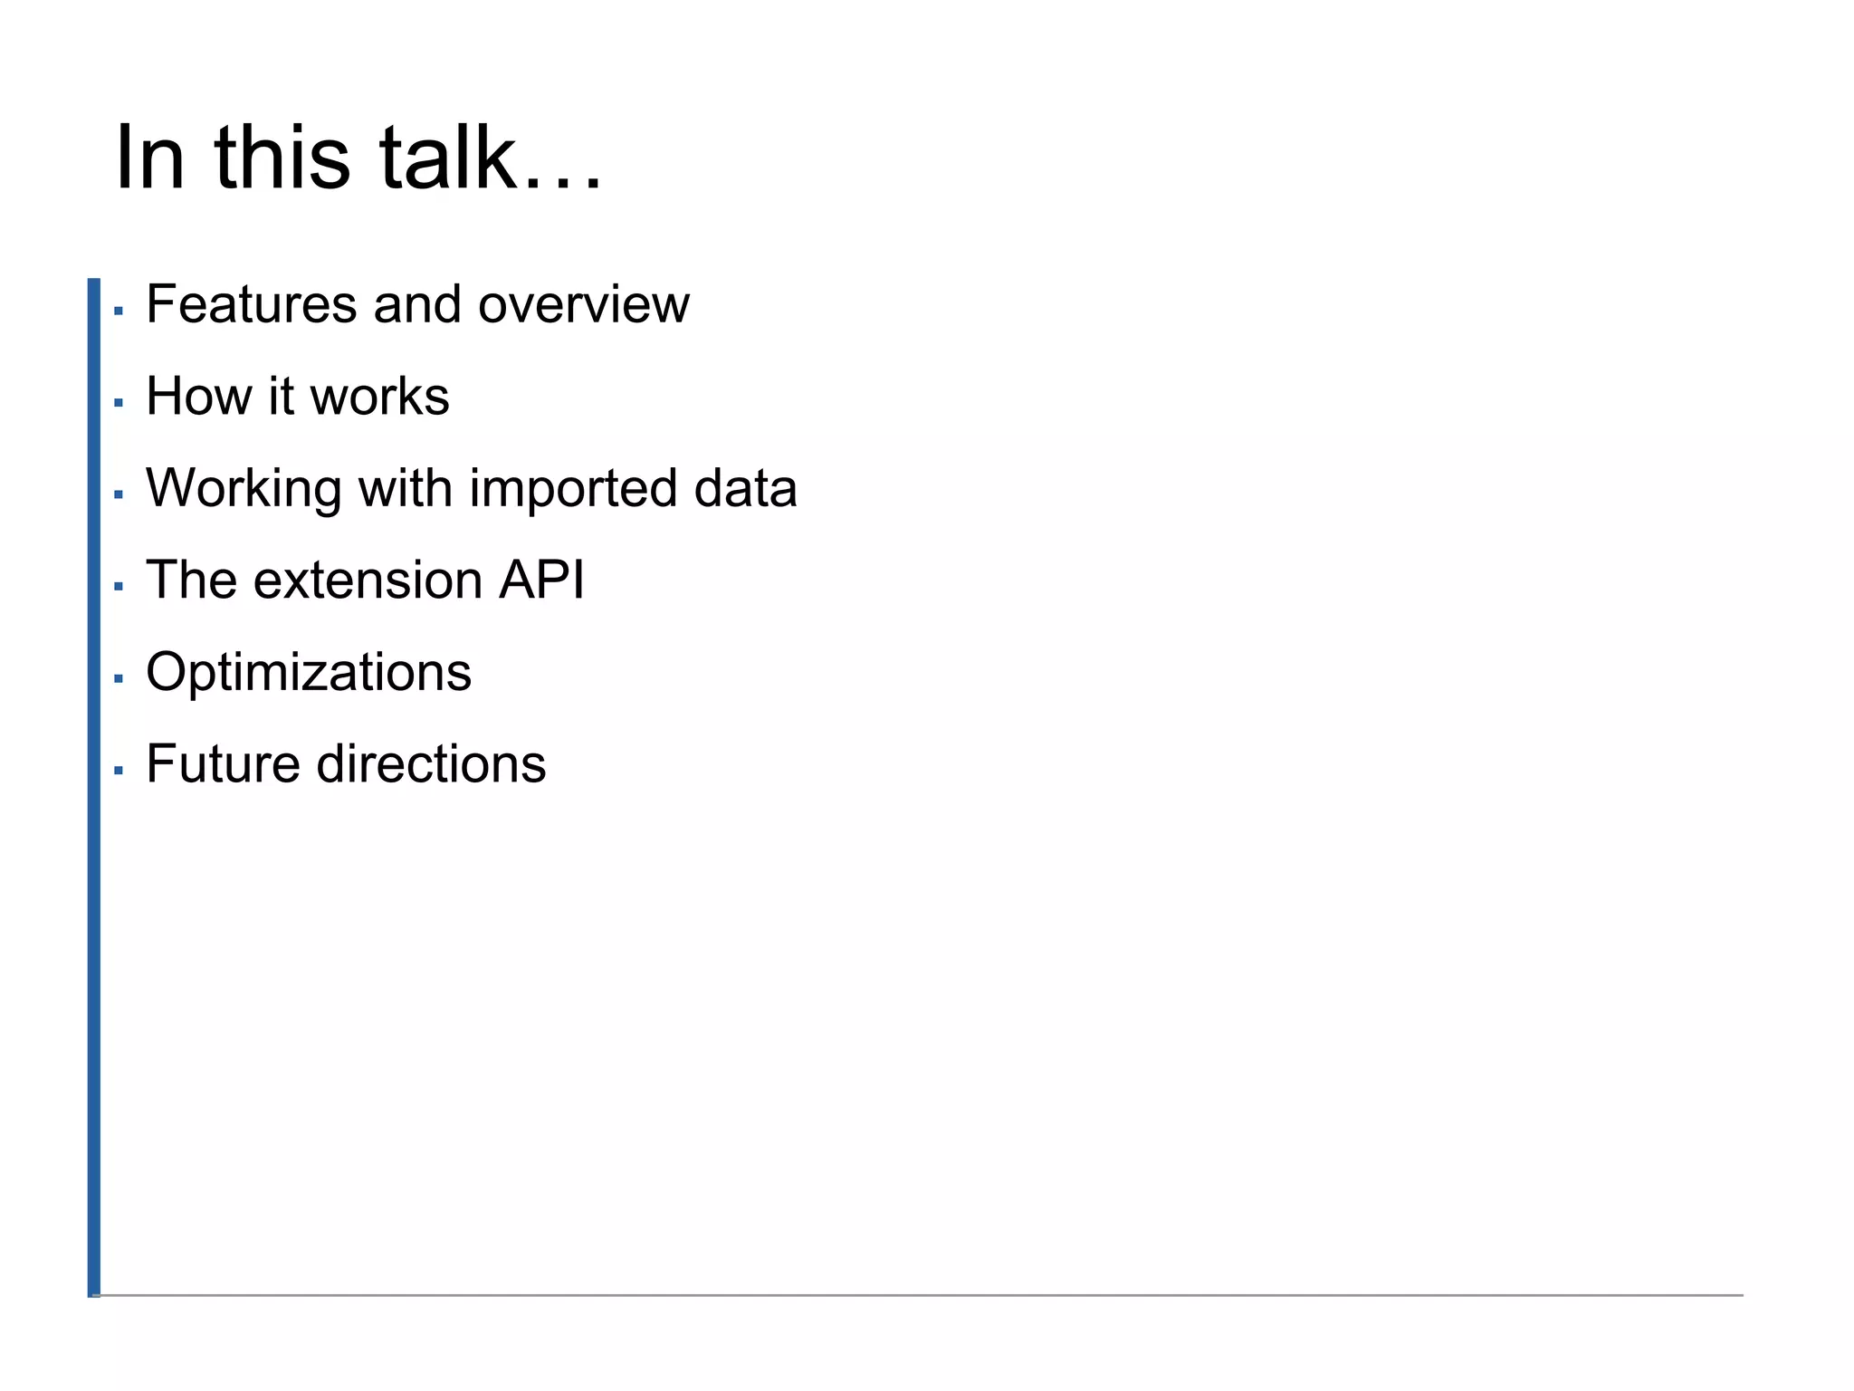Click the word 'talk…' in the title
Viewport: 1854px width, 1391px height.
[x=489, y=158]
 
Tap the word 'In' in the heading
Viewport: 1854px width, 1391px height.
[x=150, y=158]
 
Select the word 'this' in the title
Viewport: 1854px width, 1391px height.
[x=282, y=158]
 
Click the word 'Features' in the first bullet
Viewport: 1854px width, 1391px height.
[x=251, y=304]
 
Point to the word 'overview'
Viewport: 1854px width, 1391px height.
[x=584, y=304]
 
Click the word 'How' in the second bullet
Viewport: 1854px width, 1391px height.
[x=198, y=397]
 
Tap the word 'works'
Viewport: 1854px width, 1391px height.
[x=379, y=397]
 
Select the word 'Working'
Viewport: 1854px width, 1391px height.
[x=244, y=489]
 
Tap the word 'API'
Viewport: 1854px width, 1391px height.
[x=541, y=580]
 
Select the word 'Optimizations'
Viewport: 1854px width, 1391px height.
[x=309, y=673]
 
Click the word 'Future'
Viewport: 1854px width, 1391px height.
[x=223, y=764]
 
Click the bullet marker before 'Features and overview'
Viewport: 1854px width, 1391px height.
[x=118, y=311]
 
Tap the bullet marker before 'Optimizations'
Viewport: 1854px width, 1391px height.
[x=118, y=678]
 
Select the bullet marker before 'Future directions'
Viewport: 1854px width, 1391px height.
[x=118, y=771]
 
